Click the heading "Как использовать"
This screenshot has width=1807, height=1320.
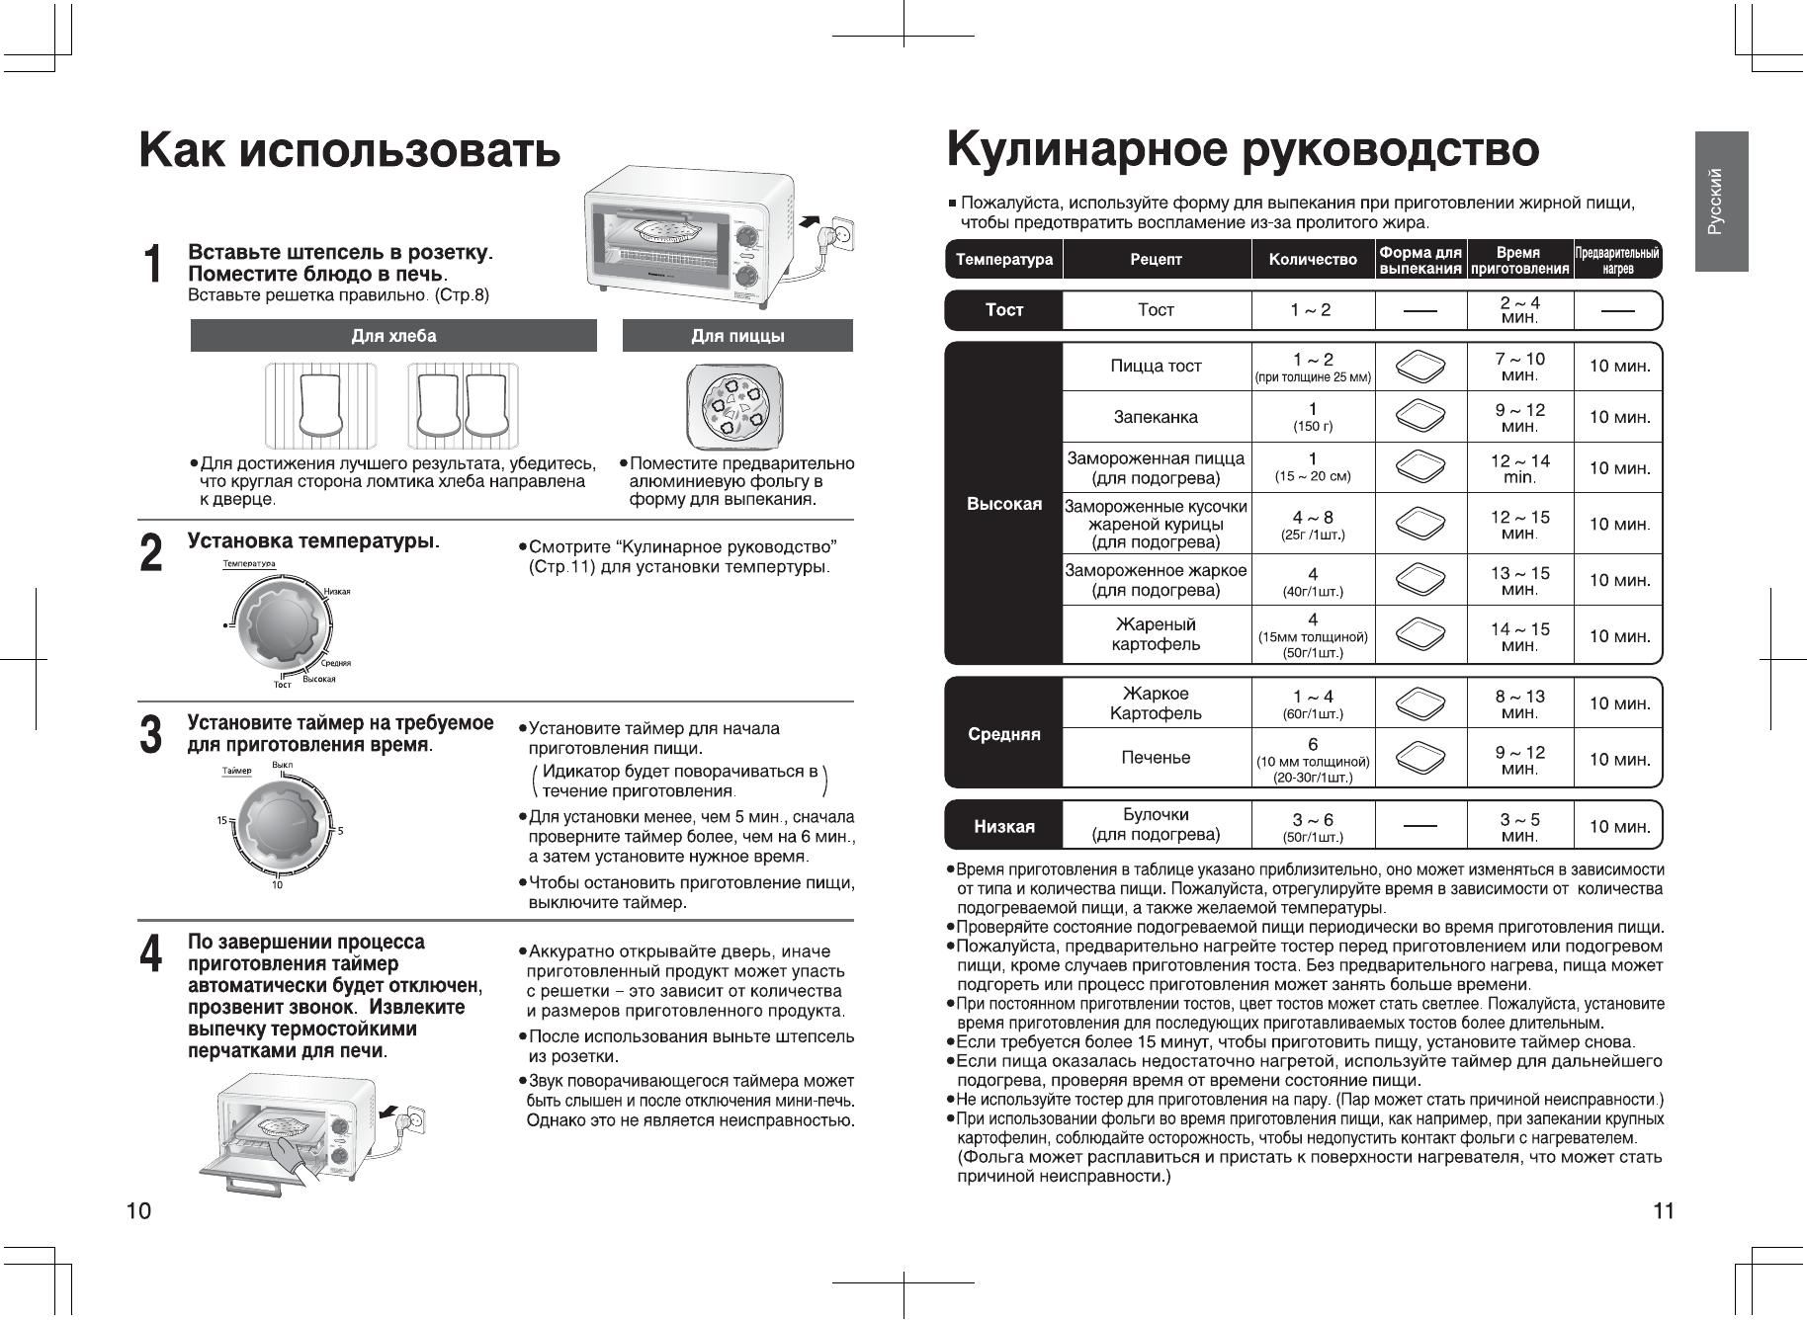[350, 151]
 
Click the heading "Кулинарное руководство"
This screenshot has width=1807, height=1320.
[1243, 150]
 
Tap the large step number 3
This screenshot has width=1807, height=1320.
[150, 736]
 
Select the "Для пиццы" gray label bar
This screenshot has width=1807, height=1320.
[737, 336]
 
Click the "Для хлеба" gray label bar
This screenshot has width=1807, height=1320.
[393, 336]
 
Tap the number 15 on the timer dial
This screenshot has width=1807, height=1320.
[222, 820]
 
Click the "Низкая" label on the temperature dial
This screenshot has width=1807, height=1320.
[337, 591]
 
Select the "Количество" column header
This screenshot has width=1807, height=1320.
[1313, 260]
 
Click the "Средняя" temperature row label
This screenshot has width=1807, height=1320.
[1003, 734]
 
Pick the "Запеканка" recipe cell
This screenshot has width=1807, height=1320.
[1156, 417]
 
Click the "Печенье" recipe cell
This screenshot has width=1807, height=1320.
[1156, 758]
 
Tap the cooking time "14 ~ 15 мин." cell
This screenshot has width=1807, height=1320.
[1519, 636]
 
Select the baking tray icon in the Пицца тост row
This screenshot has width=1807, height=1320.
[1420, 367]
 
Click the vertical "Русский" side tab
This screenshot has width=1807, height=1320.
[1721, 202]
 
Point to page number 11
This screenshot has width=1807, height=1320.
[1664, 1211]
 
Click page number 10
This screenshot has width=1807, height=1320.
[138, 1211]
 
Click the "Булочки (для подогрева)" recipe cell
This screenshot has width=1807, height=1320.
[1156, 825]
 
